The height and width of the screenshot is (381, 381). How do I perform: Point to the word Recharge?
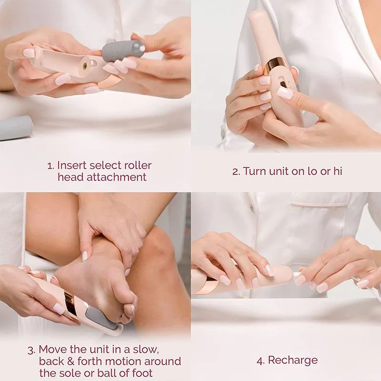[293, 361]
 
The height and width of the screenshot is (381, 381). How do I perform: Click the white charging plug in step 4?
[299, 275]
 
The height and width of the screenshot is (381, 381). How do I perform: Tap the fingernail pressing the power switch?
[285, 93]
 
